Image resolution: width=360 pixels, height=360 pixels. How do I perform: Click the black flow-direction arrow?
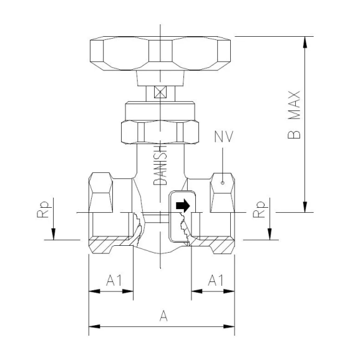pos(182,205)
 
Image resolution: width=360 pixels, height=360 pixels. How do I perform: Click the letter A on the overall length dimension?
pos(163,316)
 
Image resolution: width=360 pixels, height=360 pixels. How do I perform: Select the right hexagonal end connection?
pos(223,190)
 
